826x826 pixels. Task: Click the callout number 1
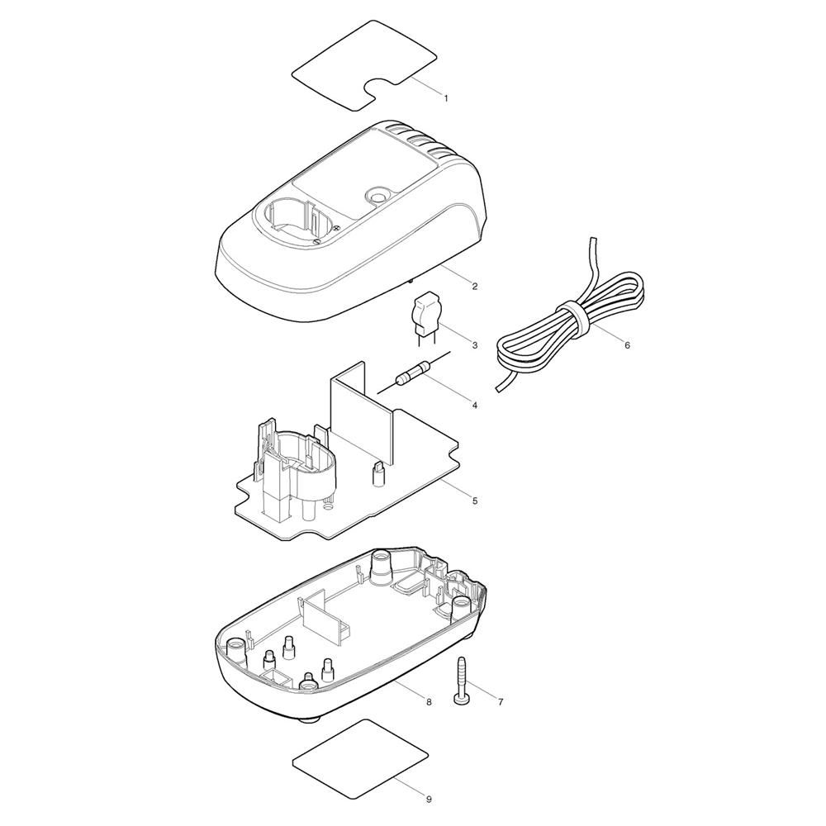[447, 98]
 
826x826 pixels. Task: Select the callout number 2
[475, 287]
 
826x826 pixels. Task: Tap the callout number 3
[475, 345]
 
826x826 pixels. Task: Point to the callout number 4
[475, 406]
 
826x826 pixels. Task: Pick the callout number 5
[475, 501]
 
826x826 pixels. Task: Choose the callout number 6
[627, 345]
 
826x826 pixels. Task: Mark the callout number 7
[501, 701]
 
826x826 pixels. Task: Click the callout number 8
[429, 701]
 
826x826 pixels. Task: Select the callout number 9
[429, 800]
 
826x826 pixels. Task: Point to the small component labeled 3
[425, 319]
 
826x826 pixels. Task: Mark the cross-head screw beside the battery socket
[316, 240]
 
